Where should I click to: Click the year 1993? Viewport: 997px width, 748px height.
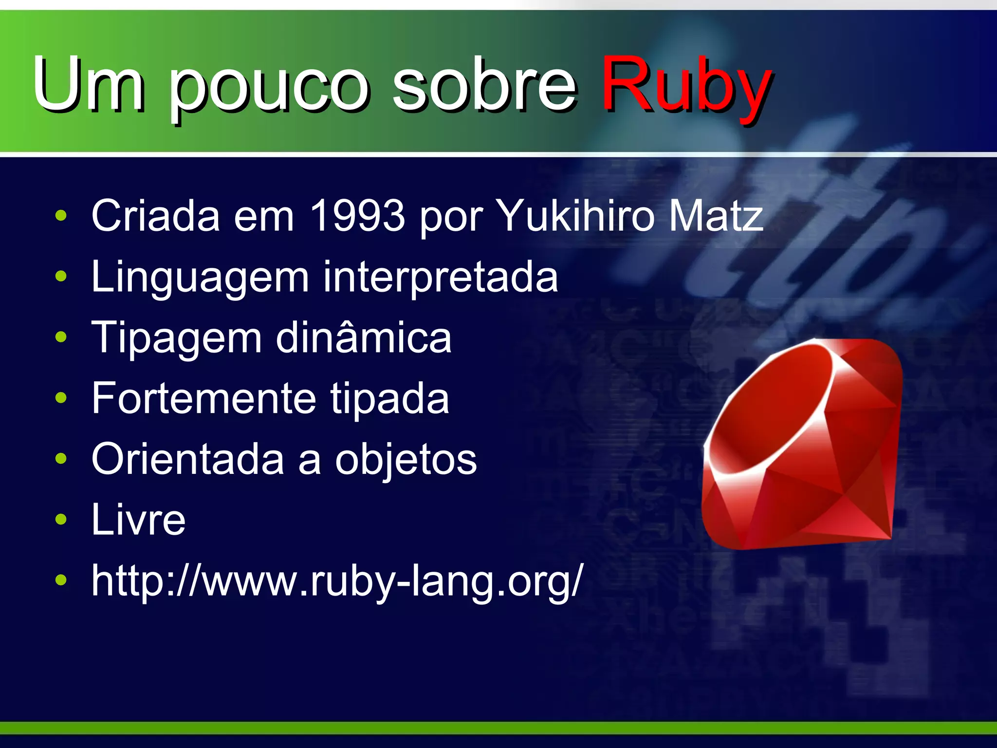coord(357,215)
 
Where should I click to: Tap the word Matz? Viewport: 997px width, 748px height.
coord(716,215)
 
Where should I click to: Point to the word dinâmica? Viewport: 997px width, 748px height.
coord(364,337)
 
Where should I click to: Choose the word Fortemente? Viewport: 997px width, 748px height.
coord(204,398)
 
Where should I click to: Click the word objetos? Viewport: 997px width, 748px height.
coord(406,460)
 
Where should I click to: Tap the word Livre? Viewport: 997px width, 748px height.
coord(139,520)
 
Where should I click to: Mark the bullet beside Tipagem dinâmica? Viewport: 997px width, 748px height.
coord(61,337)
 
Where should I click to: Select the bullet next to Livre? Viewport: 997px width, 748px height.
coord(61,520)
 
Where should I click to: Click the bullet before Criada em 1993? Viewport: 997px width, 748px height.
coord(61,216)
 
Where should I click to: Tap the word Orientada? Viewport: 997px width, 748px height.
coord(188,459)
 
